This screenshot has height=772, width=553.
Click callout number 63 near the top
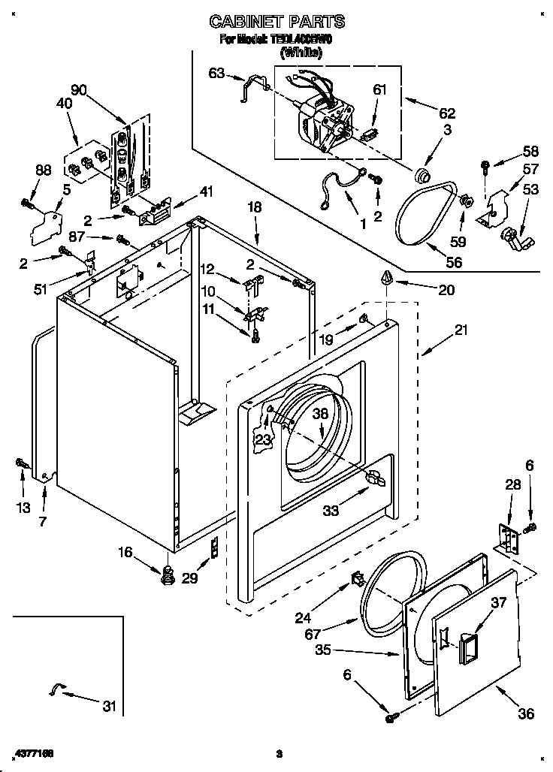tap(216, 73)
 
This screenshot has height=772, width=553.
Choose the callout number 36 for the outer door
tap(526, 713)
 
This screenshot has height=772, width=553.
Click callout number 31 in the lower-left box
tap(110, 705)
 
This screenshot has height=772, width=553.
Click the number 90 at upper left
tap(78, 90)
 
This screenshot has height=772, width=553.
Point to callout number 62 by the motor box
tap(447, 113)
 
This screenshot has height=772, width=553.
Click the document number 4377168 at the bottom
tap(32, 752)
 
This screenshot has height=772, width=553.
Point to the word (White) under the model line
tap(301, 53)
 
